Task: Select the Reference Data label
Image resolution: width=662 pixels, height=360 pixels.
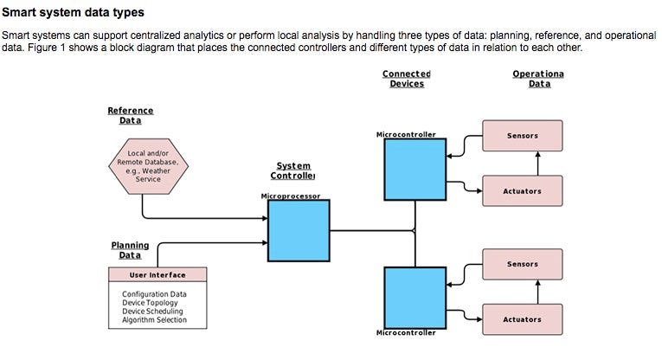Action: (x=130, y=115)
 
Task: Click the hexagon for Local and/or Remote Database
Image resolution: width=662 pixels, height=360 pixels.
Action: (x=148, y=166)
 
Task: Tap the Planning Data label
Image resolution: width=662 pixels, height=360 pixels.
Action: (x=130, y=250)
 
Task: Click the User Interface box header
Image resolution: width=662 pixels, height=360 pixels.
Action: (x=157, y=275)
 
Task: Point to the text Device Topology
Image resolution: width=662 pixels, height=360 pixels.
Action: (x=151, y=303)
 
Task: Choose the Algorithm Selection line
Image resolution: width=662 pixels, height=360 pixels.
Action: (x=154, y=320)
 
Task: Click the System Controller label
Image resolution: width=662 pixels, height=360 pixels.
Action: (x=292, y=170)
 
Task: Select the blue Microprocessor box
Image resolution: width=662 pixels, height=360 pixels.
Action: (x=299, y=230)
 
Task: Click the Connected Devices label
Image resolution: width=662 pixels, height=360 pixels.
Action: (x=407, y=79)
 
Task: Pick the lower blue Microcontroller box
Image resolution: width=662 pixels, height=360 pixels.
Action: (x=416, y=296)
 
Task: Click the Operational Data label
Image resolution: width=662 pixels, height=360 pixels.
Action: (x=537, y=79)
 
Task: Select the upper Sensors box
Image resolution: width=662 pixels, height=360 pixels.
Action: (x=522, y=136)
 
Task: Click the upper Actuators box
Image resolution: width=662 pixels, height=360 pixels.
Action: (x=522, y=191)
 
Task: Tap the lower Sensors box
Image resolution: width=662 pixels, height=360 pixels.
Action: (x=522, y=264)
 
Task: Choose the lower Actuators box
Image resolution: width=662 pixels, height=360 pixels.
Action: (x=522, y=319)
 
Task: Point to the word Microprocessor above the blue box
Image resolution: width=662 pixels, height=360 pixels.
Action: (x=290, y=196)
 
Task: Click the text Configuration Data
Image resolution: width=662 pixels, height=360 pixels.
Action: (x=154, y=294)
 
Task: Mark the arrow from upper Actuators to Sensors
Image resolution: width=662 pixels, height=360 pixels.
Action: (x=538, y=164)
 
